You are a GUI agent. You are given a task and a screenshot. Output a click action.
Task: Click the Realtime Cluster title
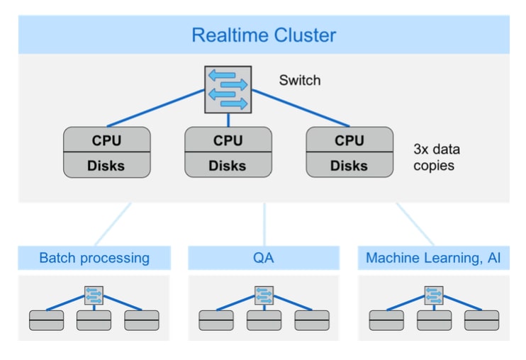264,35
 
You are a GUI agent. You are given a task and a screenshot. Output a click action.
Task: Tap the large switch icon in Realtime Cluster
228,89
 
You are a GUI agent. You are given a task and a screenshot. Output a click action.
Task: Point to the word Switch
299,80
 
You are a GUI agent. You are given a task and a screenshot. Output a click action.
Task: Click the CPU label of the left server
106,140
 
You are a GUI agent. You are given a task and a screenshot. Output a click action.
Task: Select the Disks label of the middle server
228,165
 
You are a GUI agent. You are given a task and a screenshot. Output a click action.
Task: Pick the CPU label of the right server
349,140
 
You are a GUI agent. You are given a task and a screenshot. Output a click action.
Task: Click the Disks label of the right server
349,165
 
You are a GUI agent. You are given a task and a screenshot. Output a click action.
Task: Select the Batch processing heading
94,258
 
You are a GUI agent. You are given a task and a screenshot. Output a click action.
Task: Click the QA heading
264,258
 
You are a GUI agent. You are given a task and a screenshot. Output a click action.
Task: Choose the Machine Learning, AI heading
433,258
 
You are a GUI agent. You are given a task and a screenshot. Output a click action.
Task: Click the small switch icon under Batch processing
94,296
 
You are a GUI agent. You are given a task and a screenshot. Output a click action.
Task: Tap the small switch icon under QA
264,296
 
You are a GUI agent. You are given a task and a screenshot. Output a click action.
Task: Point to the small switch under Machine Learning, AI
434,296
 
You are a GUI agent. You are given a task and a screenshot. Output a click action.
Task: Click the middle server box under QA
264,320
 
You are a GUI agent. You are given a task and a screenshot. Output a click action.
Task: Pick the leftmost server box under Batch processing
46,320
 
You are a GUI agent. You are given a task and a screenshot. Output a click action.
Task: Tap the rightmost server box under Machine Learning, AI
481,320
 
